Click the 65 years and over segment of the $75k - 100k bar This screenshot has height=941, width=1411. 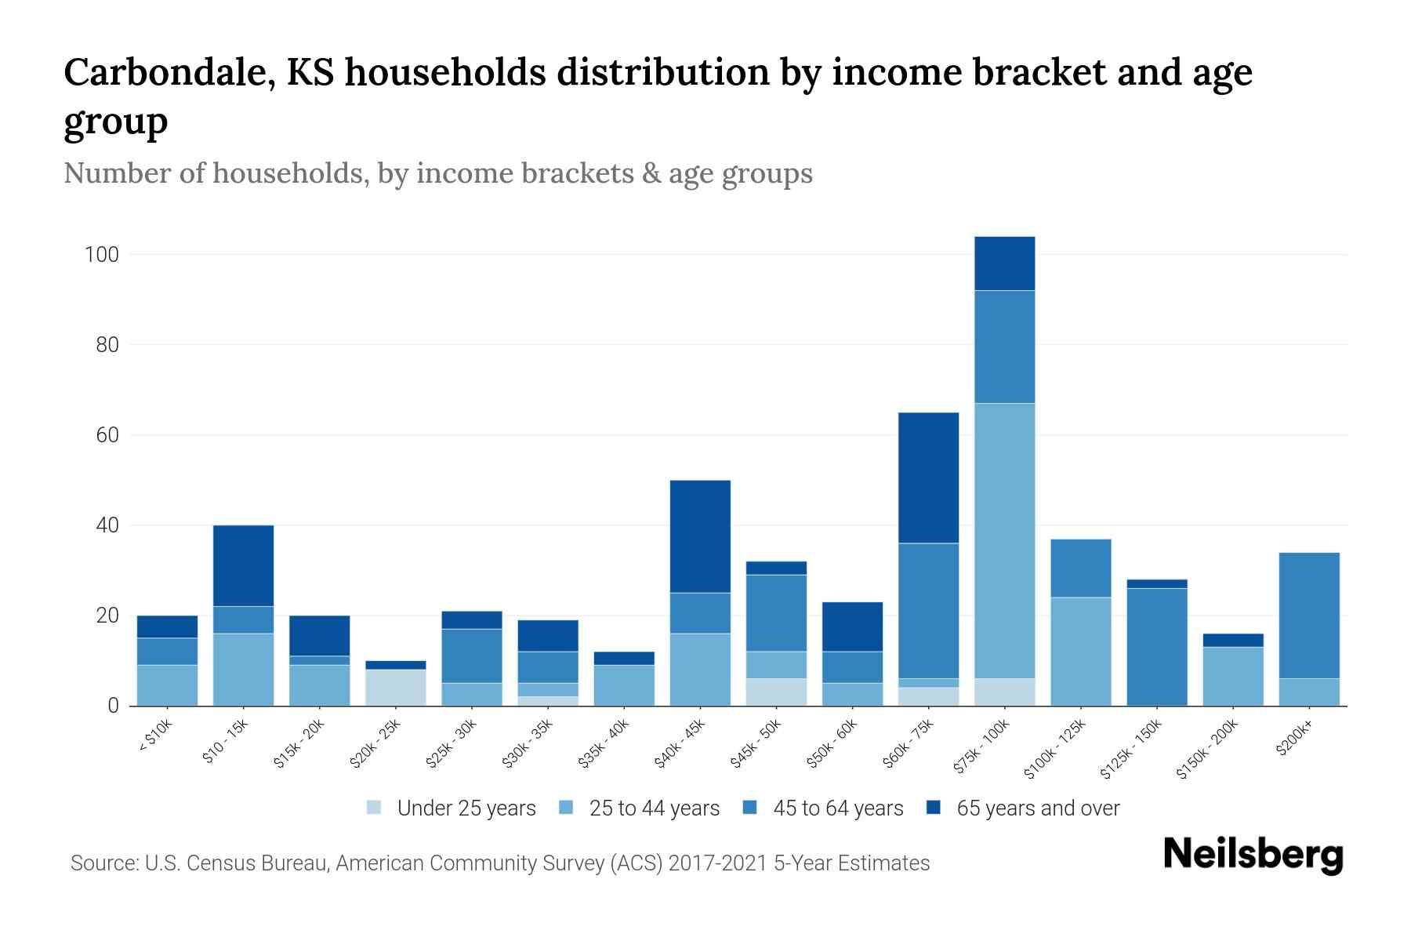[1004, 263]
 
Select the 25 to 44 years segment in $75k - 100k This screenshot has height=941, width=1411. [1004, 540]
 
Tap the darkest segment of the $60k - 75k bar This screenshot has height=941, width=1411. [928, 478]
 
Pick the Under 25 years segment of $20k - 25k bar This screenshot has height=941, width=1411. [396, 687]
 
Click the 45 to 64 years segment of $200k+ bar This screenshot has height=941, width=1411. [1308, 616]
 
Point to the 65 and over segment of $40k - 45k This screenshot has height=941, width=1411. [700, 536]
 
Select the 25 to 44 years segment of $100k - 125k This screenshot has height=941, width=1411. [1080, 651]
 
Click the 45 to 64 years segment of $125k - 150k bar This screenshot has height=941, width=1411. [1156, 646]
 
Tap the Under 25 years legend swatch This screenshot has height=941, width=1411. [375, 808]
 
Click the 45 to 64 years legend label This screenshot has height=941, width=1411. [837, 808]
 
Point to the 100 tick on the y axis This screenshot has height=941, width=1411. [102, 255]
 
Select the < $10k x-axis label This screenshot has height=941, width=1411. [155, 737]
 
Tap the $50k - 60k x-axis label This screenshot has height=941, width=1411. [832, 744]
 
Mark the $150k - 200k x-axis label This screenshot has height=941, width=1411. [1207, 750]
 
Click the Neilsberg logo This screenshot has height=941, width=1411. [1253, 855]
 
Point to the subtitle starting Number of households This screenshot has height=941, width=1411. [437, 173]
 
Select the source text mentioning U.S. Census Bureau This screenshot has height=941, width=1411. [499, 863]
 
